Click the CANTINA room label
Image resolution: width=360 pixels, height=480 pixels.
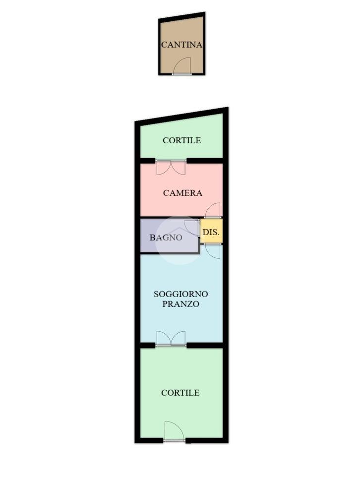(182, 45)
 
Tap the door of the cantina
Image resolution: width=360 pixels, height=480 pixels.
(182, 66)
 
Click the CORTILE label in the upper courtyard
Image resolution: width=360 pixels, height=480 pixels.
(182, 140)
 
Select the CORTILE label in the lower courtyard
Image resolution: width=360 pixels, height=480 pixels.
(180, 393)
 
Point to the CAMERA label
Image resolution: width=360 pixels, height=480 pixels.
(182, 193)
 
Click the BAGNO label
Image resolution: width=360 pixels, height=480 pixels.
(166, 237)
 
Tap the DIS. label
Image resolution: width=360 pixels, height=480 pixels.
(211, 232)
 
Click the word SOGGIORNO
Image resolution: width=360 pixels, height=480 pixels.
(180, 294)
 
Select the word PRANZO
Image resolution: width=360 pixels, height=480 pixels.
(180, 304)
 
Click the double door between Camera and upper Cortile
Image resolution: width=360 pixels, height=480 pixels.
(171, 167)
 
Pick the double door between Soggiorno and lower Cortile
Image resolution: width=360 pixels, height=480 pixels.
(171, 339)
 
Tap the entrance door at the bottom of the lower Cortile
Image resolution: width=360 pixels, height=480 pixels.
(174, 431)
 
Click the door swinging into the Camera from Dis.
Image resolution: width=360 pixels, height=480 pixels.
(213, 210)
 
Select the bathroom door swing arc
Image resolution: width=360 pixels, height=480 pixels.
(192, 227)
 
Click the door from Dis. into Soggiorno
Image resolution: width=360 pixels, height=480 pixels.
(213, 251)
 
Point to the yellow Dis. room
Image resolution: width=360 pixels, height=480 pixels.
(211, 231)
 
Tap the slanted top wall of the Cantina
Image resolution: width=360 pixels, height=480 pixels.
(182, 16)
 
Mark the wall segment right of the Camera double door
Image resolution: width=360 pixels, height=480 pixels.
(204, 161)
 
